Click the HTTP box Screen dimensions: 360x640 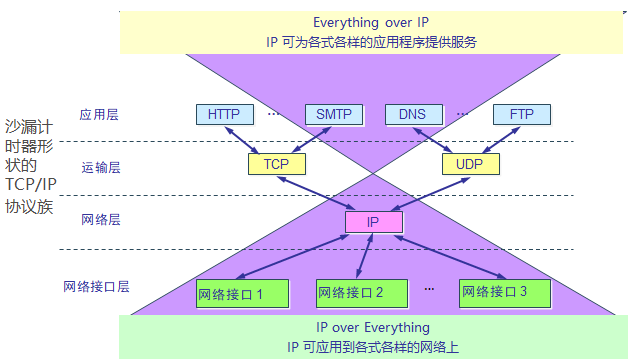point(224,114)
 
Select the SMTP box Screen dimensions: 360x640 point(333,114)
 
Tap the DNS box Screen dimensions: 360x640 point(413,114)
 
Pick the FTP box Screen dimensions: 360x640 point(521,114)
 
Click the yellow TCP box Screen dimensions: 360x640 point(275,162)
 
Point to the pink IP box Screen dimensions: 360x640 point(372,222)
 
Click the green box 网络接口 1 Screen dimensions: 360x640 point(243,293)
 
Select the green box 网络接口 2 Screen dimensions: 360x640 point(351,293)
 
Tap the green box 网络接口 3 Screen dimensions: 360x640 point(494,293)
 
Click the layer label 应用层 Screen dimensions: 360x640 point(99,115)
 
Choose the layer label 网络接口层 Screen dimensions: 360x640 point(96,286)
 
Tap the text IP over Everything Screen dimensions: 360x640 point(372,327)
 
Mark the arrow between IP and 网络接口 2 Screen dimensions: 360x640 point(362,257)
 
